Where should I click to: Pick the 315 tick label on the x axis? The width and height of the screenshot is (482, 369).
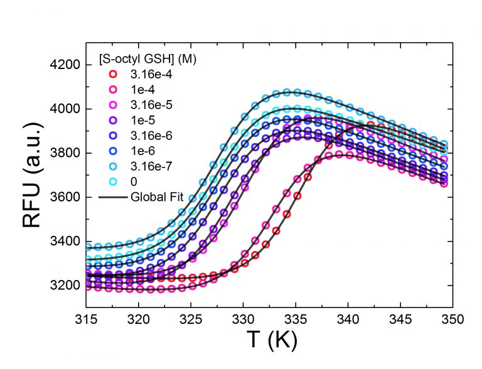coord(85,318)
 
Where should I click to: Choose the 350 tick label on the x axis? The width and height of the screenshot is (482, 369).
coord(453,318)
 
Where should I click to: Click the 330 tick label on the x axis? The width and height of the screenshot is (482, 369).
coord(243,318)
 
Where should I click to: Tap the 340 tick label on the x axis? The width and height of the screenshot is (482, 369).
coord(348,318)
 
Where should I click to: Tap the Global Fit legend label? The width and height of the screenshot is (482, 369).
coord(154,197)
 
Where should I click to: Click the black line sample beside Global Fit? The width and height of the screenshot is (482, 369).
coord(112,197)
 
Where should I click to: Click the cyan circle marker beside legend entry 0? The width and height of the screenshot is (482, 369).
coord(112,182)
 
